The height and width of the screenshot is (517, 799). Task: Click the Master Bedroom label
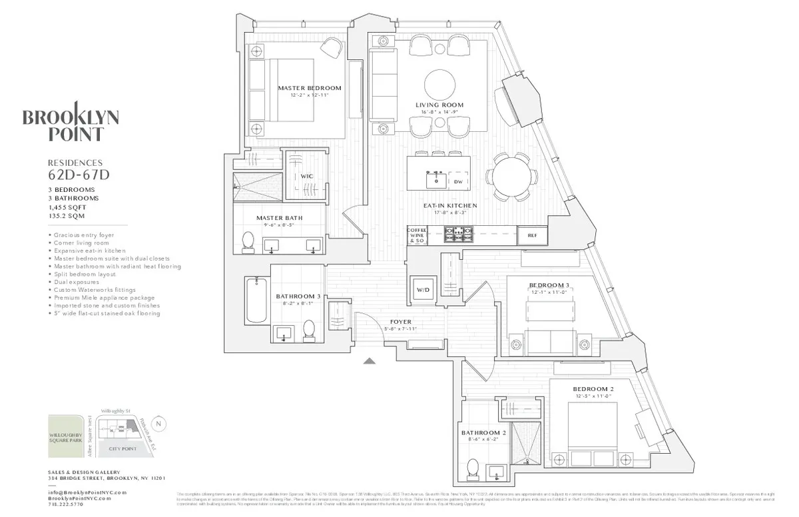[x=309, y=88]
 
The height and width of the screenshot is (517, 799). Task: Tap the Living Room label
[x=439, y=105]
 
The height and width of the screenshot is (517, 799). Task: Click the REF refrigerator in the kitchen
[x=532, y=235]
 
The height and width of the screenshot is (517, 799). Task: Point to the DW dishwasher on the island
[x=458, y=181]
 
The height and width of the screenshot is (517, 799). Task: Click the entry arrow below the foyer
[x=370, y=361]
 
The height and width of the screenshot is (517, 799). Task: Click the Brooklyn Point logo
[x=71, y=123]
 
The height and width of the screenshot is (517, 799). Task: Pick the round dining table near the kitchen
[x=512, y=177]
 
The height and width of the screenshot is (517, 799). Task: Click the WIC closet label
[x=306, y=177]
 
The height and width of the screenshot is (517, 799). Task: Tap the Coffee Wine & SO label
[x=416, y=235]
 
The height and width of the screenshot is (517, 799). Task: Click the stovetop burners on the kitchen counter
[x=458, y=235]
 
